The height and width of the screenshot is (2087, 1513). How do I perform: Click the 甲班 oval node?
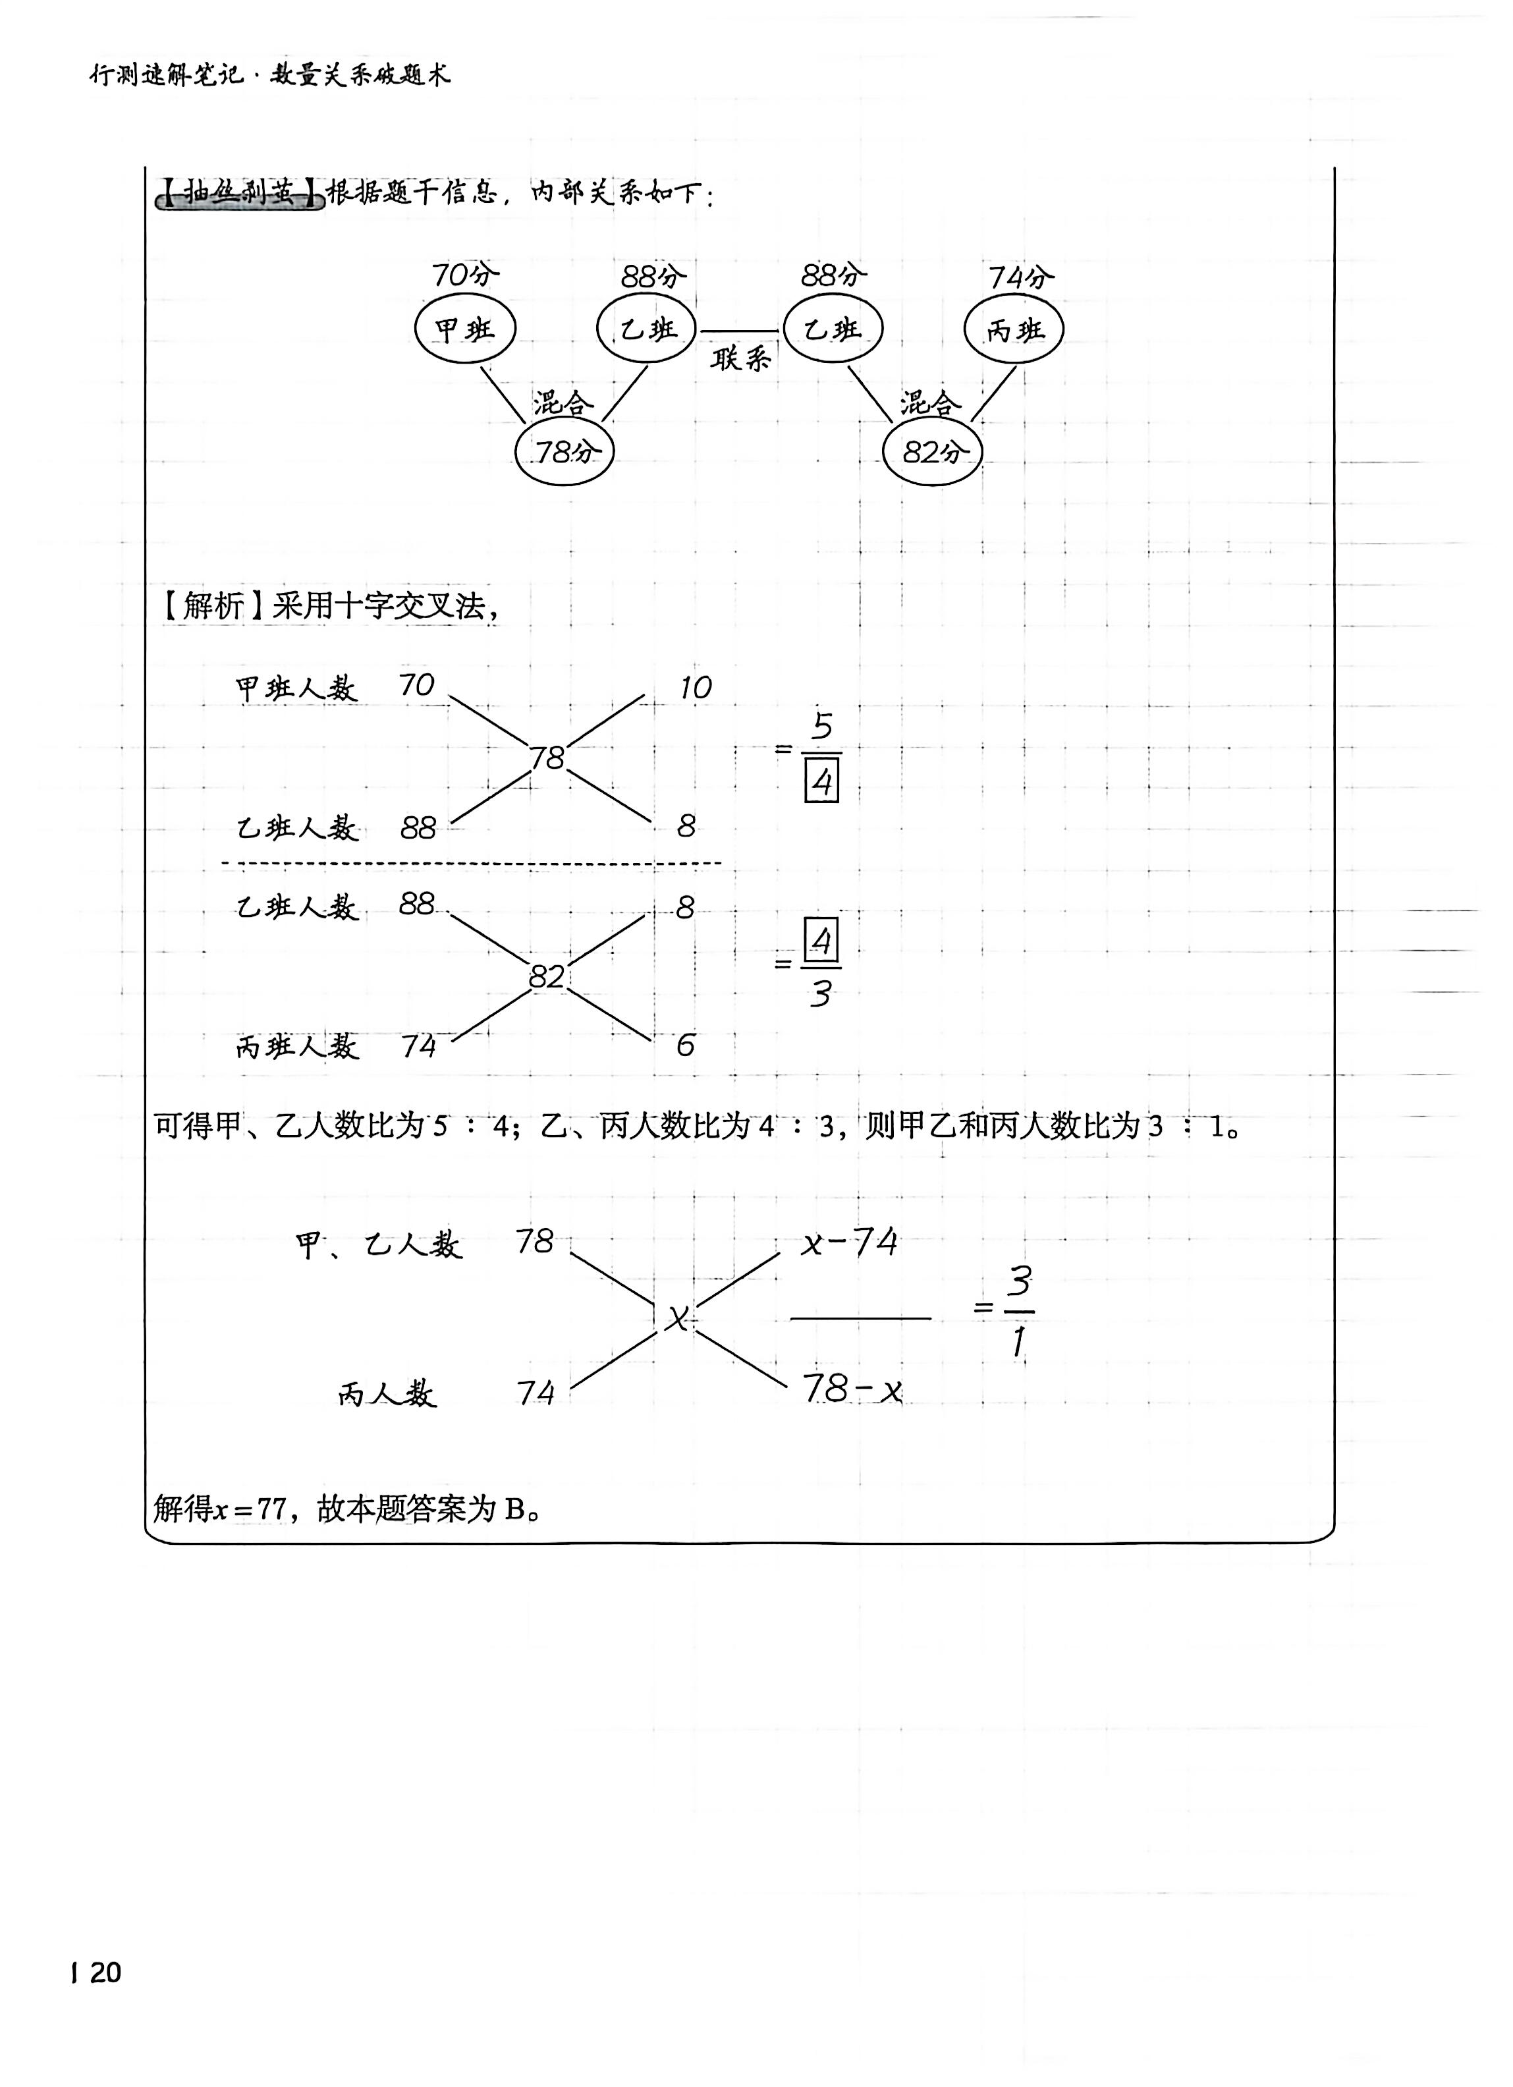(465, 329)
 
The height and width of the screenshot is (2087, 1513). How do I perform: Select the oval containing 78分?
(564, 452)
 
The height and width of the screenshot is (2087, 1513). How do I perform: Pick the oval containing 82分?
(932, 452)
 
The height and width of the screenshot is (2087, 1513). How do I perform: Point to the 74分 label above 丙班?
(1020, 277)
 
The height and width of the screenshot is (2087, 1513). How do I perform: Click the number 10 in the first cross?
(695, 687)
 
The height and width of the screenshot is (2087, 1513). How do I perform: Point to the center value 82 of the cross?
(547, 976)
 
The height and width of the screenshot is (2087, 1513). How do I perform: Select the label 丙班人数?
(296, 1046)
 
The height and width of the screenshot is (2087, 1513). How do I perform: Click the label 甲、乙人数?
(378, 1245)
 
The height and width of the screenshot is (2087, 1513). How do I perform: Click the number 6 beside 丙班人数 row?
(686, 1045)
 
